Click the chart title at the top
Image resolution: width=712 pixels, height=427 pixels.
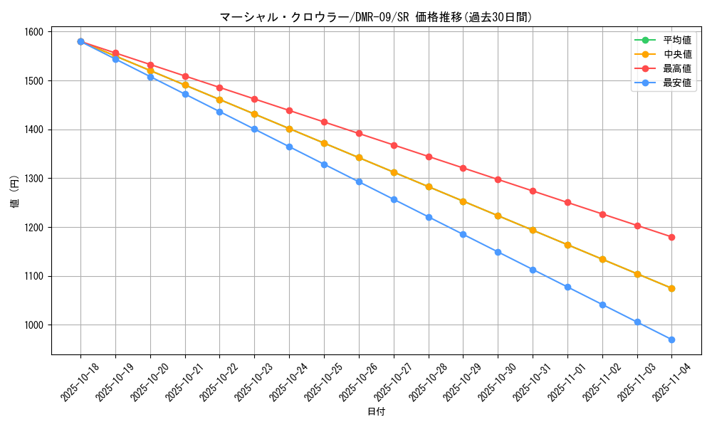(x=376, y=17)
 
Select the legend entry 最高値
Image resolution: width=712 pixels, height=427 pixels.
(x=676, y=68)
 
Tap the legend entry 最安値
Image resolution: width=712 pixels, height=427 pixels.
(x=676, y=83)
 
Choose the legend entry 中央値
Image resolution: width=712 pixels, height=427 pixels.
(x=676, y=54)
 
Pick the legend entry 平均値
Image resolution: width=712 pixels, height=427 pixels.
(x=676, y=40)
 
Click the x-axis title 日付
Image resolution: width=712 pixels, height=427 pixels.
(x=376, y=412)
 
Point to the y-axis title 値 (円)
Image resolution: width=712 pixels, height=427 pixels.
(x=14, y=192)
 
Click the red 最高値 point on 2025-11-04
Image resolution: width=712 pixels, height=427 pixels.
(x=671, y=237)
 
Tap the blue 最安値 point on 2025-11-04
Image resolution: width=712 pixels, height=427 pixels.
(x=671, y=339)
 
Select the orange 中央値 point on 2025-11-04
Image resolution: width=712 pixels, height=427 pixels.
(x=671, y=288)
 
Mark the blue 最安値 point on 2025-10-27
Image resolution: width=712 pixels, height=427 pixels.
(x=394, y=199)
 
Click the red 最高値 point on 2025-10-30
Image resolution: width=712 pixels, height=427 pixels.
(x=498, y=179)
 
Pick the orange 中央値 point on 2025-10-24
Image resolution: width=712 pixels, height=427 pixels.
(x=289, y=129)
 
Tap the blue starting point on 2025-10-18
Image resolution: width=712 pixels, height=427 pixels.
(x=80, y=41)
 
